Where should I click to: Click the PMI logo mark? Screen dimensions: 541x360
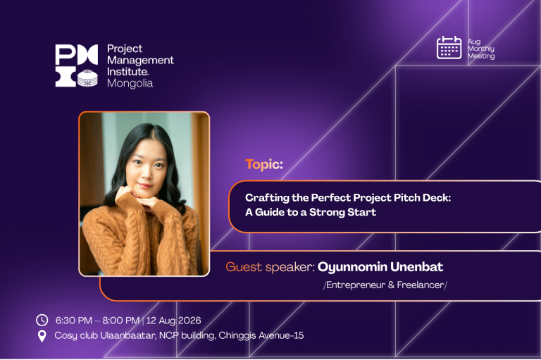tap(77, 66)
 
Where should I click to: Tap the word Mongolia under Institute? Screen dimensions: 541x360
tap(130, 84)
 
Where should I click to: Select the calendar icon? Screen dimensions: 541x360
tap(449, 48)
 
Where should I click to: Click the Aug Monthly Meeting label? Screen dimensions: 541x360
tap(481, 49)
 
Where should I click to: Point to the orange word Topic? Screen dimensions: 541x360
tap(264, 164)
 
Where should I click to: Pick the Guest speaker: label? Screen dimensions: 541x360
tap(270, 267)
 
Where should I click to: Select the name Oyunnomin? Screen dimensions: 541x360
tap(352, 267)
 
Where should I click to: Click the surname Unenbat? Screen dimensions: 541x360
tap(417, 267)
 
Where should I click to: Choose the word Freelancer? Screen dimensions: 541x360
tap(421, 285)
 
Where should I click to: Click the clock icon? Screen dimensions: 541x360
tap(42, 321)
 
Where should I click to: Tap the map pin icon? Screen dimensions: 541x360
tap(42, 336)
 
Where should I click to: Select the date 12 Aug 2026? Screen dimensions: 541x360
tap(173, 321)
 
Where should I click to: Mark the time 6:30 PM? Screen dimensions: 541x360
tap(74, 321)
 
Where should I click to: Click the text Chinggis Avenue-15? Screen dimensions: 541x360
tap(261, 335)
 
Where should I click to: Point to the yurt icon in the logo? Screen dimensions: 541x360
tap(87, 78)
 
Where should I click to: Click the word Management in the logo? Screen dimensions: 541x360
tap(140, 61)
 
